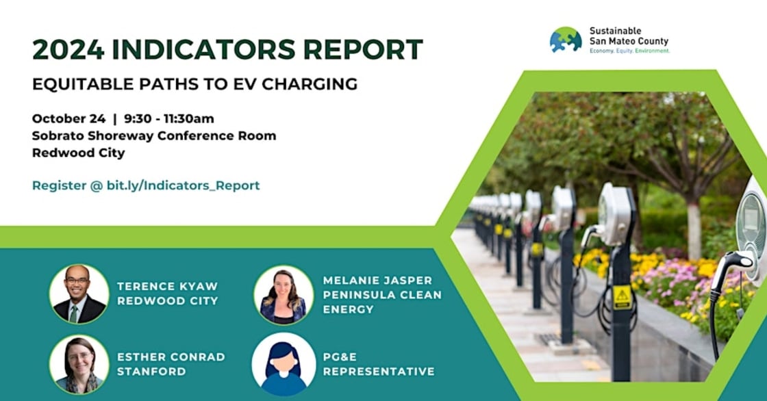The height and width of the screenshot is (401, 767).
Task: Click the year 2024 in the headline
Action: [x=68, y=49]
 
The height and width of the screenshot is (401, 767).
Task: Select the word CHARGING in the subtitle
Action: [x=310, y=84]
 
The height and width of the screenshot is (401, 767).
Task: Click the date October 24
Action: [x=69, y=119]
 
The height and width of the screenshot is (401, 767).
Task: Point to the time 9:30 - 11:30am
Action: [x=168, y=119]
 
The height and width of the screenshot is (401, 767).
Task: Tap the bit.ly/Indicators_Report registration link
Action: [x=184, y=186]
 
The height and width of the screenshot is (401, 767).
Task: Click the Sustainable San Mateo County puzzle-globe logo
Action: [x=566, y=40]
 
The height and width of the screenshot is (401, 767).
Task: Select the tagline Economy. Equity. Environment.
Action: [x=629, y=51]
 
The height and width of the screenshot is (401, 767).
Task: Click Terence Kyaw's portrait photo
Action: [x=79, y=294]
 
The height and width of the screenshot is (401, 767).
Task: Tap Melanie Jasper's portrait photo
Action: [x=284, y=295]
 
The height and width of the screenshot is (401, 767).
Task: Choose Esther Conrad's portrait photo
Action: [x=79, y=364]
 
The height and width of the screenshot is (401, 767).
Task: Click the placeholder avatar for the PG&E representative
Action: [x=284, y=364]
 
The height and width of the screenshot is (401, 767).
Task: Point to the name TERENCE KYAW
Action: [x=167, y=287]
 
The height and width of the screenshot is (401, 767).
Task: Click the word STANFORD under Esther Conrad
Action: [x=151, y=372]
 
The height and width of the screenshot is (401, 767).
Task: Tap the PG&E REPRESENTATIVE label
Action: [x=379, y=364]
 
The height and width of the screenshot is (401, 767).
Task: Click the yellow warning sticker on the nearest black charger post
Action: [x=623, y=297]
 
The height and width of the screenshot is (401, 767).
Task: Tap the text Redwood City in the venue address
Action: [x=79, y=153]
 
